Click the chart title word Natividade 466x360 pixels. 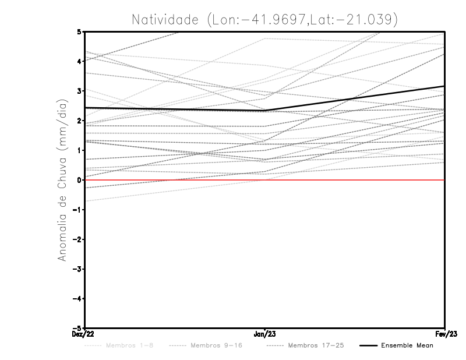click(x=166, y=19)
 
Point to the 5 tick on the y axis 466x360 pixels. click(x=80, y=31)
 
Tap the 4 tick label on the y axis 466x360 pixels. click(x=80, y=61)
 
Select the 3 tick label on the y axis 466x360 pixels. click(x=80, y=91)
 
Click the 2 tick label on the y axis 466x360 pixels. click(x=80, y=121)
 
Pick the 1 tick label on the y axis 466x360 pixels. click(x=80, y=150)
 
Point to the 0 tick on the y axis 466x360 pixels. click(x=80, y=180)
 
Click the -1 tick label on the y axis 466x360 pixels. click(x=78, y=210)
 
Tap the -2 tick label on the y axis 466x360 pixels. click(x=78, y=239)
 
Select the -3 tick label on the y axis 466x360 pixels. click(x=78, y=269)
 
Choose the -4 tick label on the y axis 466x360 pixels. click(x=78, y=299)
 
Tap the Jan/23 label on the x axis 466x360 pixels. click(x=265, y=334)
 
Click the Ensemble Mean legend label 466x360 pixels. click(x=407, y=345)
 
